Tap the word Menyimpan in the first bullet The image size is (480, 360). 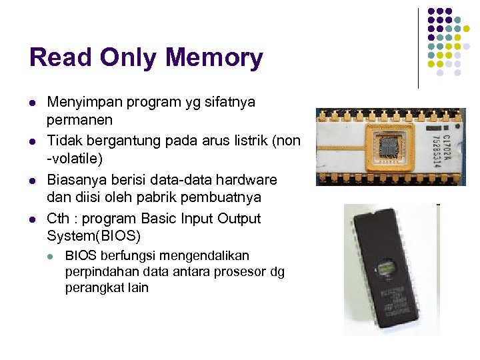(83, 103)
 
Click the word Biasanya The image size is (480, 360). (75, 180)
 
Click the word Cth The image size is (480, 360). (58, 219)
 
